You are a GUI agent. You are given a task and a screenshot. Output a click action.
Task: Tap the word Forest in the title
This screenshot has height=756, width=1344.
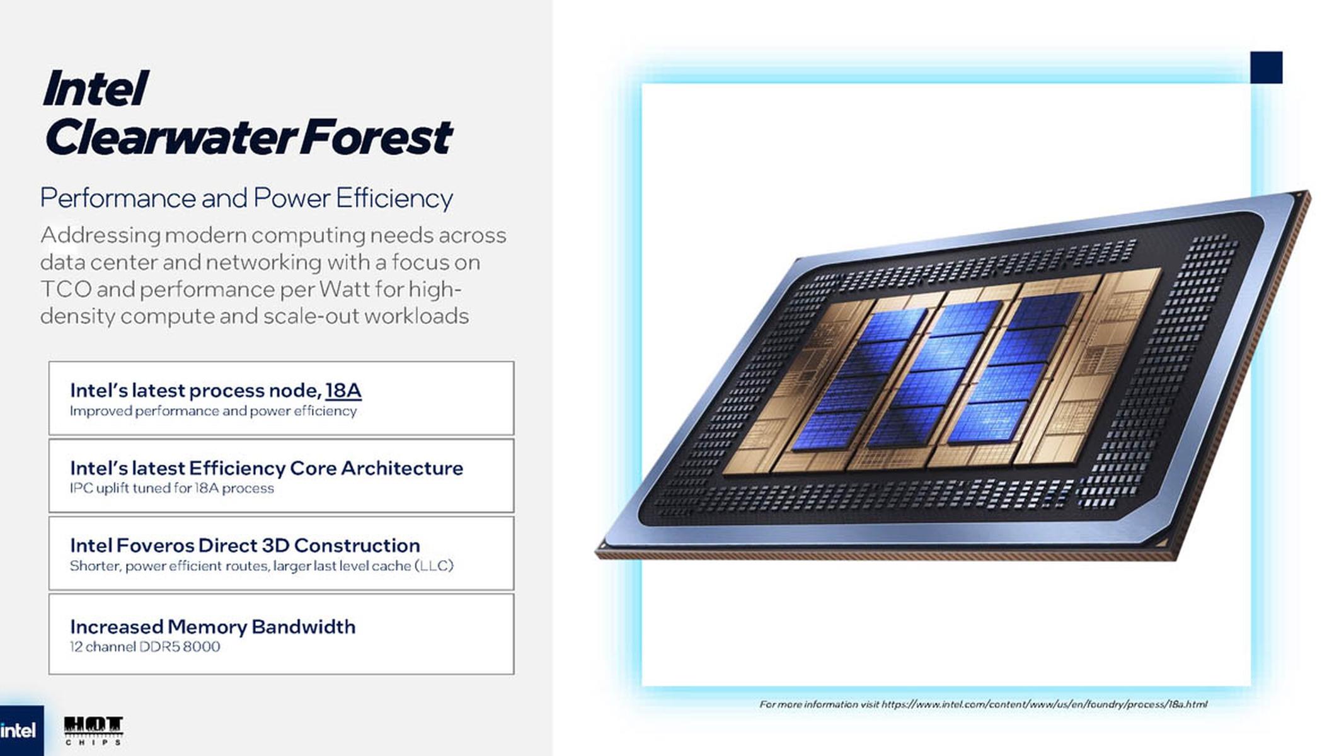tap(376, 137)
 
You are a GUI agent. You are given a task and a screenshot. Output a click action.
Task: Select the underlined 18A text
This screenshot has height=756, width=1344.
tap(343, 391)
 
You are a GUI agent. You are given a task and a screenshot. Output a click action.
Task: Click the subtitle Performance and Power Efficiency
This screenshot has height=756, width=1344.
tap(246, 198)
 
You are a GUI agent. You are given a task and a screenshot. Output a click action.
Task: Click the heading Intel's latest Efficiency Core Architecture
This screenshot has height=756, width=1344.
tap(267, 468)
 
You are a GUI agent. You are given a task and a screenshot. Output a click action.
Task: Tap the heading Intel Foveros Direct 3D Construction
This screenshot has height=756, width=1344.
tap(245, 545)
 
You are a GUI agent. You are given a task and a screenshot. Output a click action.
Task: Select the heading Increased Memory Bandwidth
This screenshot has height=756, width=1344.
tap(213, 627)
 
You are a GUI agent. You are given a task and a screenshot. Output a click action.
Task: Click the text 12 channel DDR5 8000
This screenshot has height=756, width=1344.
tap(145, 647)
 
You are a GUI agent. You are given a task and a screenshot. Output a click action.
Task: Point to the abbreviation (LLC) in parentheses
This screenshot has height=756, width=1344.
tap(434, 566)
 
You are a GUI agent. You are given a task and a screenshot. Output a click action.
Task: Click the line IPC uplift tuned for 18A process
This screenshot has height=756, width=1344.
tap(172, 488)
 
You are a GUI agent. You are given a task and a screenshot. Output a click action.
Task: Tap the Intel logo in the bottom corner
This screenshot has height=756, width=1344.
tap(19, 731)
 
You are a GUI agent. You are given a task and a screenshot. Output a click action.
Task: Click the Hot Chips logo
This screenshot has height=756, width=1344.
tap(93, 731)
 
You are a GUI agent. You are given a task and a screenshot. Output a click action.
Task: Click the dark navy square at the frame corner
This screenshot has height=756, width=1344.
tap(1266, 67)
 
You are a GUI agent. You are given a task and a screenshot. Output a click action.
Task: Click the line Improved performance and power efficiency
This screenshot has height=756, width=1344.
tap(213, 411)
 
